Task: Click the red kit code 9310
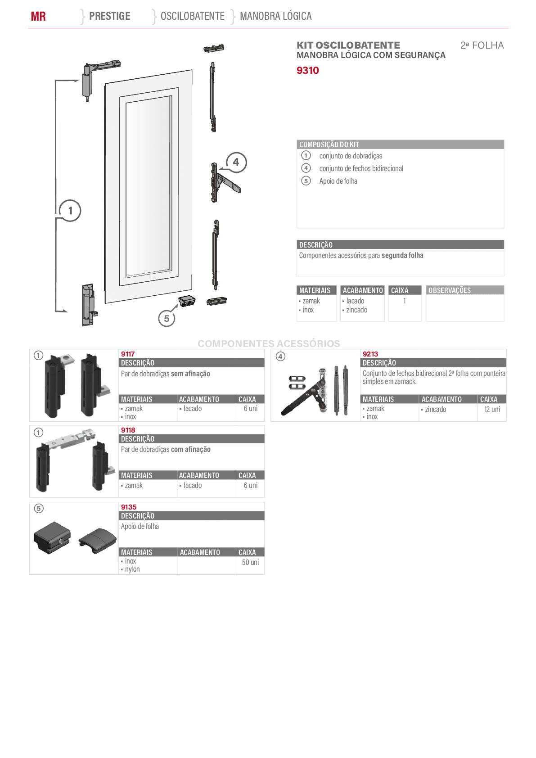(307, 70)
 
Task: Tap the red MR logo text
(38, 16)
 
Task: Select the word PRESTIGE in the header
(110, 16)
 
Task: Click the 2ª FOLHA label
(482, 45)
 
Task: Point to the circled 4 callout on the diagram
(236, 162)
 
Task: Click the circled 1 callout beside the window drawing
(70, 211)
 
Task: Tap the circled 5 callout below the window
(167, 318)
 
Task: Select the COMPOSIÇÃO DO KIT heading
(329, 144)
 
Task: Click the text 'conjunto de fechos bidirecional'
(361, 168)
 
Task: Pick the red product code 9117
(128, 354)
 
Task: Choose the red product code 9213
(370, 354)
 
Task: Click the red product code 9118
(128, 430)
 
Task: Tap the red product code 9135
(129, 507)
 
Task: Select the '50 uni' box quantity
(250, 562)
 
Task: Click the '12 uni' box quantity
(492, 409)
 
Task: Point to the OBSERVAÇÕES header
(450, 290)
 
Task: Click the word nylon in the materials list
(132, 569)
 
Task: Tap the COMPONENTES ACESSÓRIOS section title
(269, 343)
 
